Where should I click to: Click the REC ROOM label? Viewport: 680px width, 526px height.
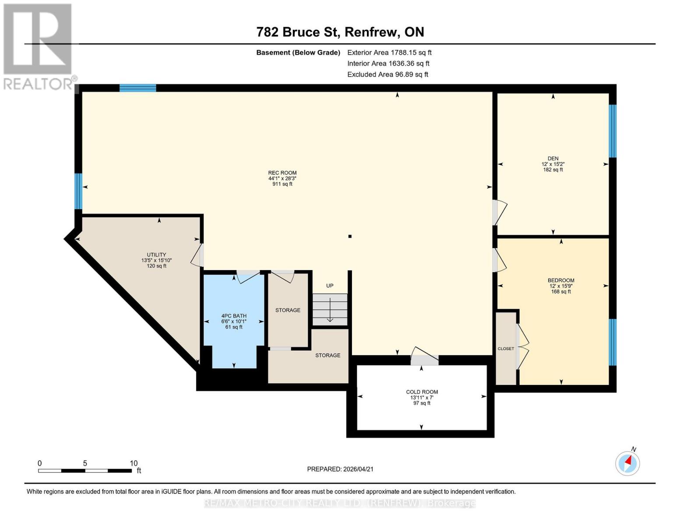pos(282,173)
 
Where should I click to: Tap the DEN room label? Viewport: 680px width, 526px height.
pos(553,159)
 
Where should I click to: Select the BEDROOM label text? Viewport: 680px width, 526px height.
pos(561,281)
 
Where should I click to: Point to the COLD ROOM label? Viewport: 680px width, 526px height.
pos(422,392)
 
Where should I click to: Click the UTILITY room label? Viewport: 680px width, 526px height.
pos(156,255)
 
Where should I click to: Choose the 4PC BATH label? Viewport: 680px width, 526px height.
pos(234,316)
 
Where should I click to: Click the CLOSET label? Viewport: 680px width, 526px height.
pos(506,349)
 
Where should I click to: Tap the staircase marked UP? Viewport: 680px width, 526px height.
pos(330,309)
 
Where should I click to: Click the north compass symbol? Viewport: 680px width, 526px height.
pos(627,463)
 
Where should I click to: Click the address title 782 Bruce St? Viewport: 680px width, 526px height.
pos(340,32)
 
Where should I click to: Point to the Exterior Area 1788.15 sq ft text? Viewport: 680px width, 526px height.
pos(389,53)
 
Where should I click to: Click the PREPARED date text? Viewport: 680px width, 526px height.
pos(340,469)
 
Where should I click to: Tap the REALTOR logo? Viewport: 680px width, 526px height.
pos(39,46)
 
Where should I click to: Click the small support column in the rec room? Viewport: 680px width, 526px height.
pos(350,237)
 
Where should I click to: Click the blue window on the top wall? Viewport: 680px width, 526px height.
pos(138,88)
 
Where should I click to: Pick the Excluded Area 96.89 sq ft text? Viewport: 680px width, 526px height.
pos(388,75)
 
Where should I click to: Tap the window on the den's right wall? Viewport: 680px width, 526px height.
pos(613,131)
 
